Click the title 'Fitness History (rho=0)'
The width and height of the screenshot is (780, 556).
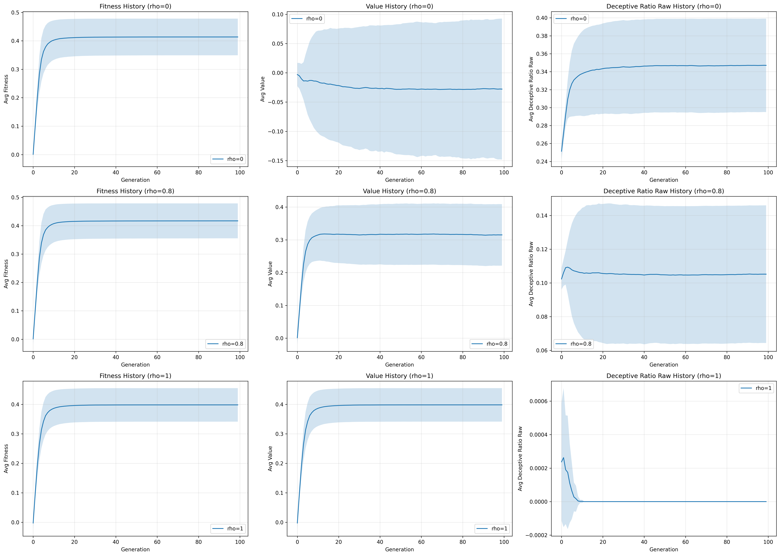(x=135, y=6)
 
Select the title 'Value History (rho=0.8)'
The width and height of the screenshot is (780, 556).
(x=399, y=191)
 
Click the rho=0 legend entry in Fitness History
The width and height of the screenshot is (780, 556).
(x=228, y=159)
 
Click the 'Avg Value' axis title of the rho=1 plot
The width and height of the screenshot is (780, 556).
(x=270, y=458)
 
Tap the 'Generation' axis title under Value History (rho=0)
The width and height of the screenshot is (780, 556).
(x=399, y=180)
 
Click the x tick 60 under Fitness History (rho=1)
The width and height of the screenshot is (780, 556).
(x=157, y=542)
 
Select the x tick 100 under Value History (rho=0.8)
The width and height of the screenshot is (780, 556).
(x=504, y=357)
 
